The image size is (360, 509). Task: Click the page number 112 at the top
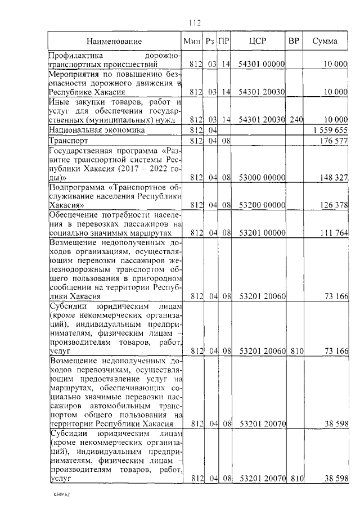[194, 23]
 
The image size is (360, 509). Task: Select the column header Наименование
[114, 41]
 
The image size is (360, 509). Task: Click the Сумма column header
[325, 41]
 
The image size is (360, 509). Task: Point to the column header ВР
[294, 41]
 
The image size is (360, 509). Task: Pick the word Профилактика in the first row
[74, 56]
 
